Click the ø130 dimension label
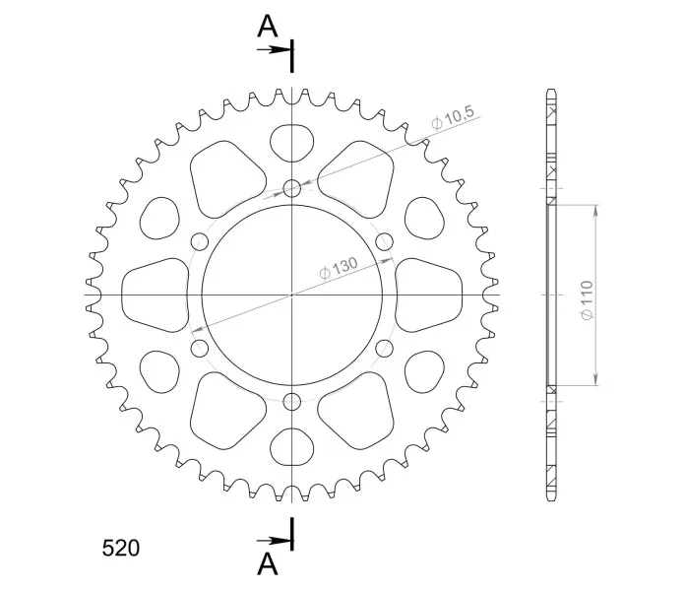point(339,268)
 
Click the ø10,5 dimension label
point(452,117)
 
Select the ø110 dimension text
point(588,299)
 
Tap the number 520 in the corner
point(121,548)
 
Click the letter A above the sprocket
point(268,27)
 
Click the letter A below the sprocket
point(268,563)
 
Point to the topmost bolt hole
point(292,189)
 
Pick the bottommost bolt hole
point(292,401)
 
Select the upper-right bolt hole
point(385,241)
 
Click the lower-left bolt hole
point(200,348)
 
